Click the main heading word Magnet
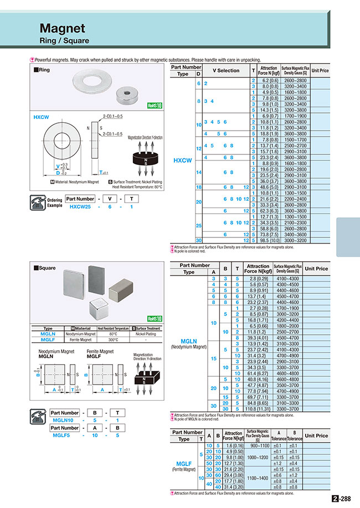point(62,28)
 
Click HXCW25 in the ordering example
point(82,206)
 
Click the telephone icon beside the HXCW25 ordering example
point(40,201)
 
